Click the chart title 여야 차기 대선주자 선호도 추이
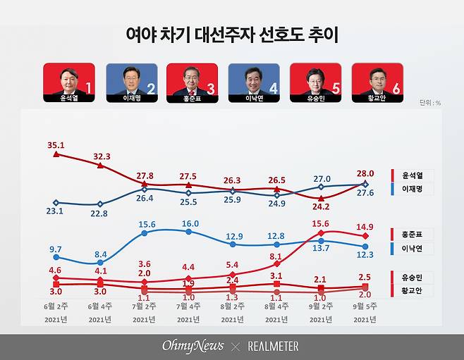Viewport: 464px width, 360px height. [x=231, y=35]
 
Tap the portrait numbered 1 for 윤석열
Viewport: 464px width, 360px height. [x=68, y=79]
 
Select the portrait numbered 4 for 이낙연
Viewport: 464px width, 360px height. [x=254, y=79]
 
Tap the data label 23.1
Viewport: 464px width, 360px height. [x=55, y=210]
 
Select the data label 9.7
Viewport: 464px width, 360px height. [x=55, y=249]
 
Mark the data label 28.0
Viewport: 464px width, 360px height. [x=365, y=173]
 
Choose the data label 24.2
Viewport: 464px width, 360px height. [x=321, y=207]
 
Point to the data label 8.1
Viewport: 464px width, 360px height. [x=276, y=256]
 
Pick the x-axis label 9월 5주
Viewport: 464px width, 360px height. [x=365, y=306]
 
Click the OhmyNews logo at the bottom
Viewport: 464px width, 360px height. [x=192, y=346]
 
